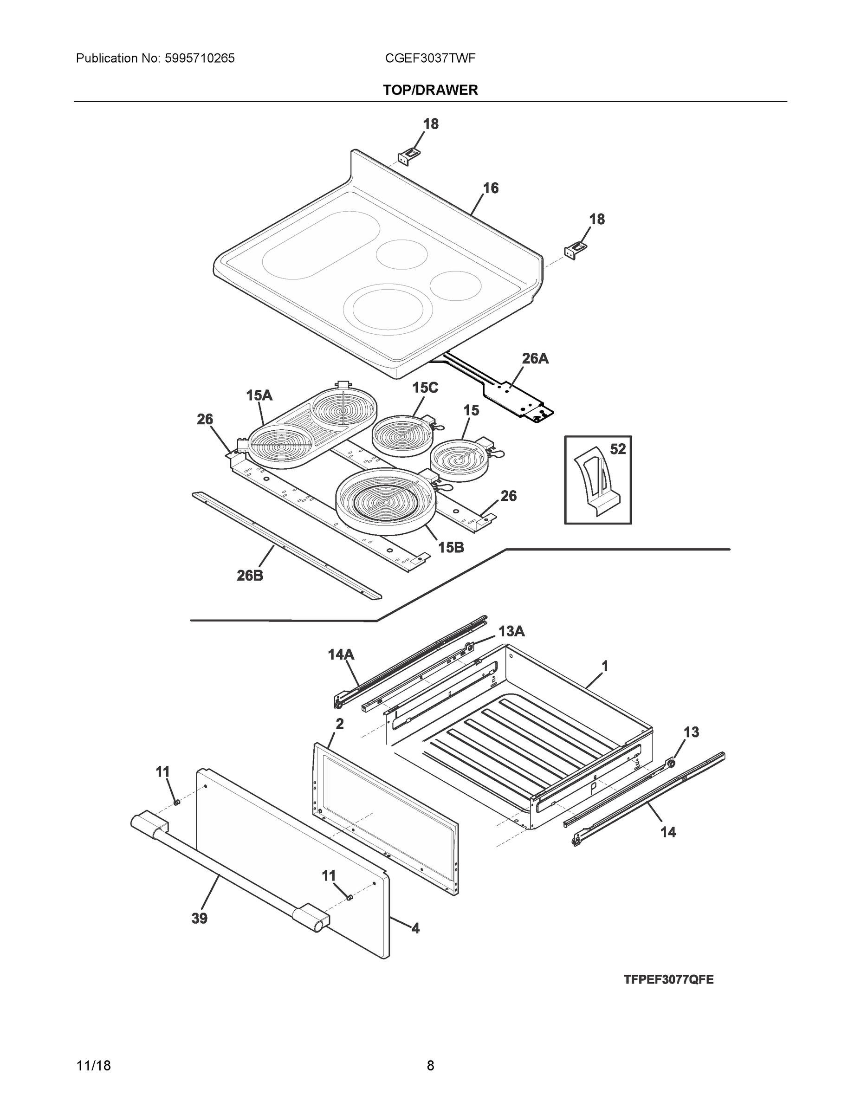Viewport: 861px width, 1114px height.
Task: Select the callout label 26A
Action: click(x=535, y=359)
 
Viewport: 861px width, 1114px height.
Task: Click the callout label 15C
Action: click(x=425, y=388)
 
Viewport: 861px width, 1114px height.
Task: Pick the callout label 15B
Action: click(x=451, y=547)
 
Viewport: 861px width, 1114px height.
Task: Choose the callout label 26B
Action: click(x=250, y=576)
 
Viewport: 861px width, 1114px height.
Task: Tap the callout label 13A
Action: click(x=511, y=631)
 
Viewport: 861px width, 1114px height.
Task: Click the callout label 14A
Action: click(x=341, y=654)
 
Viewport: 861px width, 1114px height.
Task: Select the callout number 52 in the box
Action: click(x=618, y=449)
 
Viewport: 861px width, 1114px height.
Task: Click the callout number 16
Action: click(x=491, y=188)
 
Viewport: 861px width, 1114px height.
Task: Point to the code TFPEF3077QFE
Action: click(x=668, y=979)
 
